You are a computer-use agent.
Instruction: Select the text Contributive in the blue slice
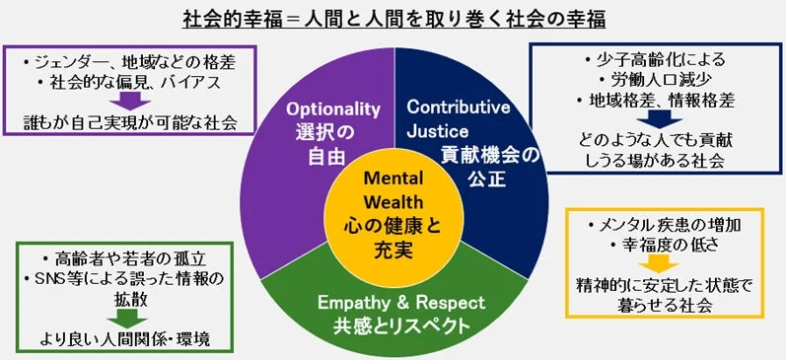pyautogui.click(x=459, y=107)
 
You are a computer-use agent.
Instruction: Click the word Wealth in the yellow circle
pyautogui.click(x=393, y=202)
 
